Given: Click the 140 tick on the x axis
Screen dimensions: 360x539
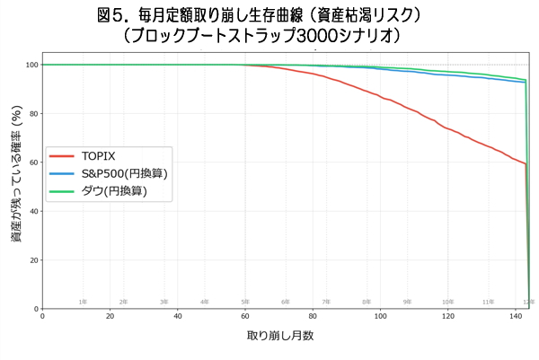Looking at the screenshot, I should [515, 317].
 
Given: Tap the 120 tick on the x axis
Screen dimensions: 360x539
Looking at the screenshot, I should [447, 317].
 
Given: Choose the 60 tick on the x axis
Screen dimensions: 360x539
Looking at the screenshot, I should [245, 317].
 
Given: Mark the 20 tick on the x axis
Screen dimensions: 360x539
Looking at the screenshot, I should [110, 317].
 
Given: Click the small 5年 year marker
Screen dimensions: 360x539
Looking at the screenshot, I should [245, 303].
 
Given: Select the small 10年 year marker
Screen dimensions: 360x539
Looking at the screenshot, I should [447, 303].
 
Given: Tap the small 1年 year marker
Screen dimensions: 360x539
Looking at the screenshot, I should [83, 303].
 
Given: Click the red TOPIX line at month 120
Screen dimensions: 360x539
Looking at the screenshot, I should [447, 128].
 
